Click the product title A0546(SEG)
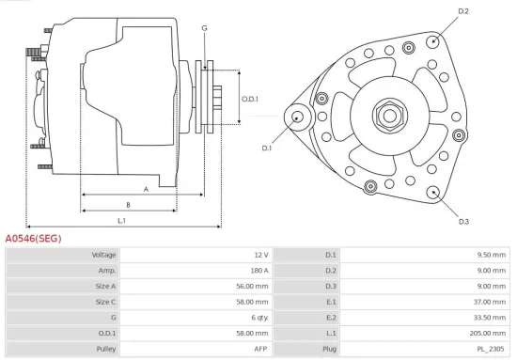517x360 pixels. click(x=34, y=239)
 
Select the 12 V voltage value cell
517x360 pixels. click(x=260, y=255)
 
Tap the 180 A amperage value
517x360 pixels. click(x=258, y=271)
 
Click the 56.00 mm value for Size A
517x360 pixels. click(x=253, y=286)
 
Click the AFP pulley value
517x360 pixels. click(x=260, y=349)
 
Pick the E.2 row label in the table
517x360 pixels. click(x=330, y=318)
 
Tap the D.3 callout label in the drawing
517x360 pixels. click(x=463, y=222)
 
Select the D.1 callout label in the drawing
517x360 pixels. click(x=266, y=148)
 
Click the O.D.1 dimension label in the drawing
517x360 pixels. click(x=249, y=99)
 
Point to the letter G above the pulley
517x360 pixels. click(x=204, y=28)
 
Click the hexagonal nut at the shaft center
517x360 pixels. click(x=388, y=117)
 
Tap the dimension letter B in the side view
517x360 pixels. click(x=128, y=204)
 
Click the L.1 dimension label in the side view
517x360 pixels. click(x=122, y=221)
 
